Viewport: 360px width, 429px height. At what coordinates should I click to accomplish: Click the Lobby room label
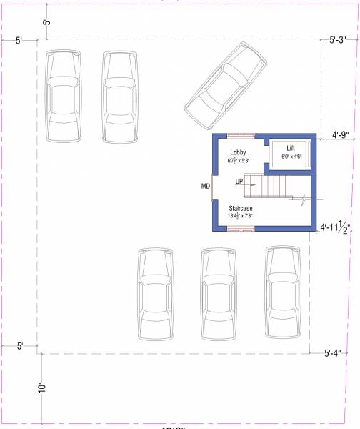[x=238, y=153]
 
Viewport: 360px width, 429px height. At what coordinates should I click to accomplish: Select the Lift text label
[x=291, y=148]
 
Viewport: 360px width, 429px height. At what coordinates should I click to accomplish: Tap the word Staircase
[x=239, y=208]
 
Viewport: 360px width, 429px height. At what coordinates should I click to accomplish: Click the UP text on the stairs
[x=240, y=182]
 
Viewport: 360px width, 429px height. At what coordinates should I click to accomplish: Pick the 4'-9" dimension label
[x=344, y=134]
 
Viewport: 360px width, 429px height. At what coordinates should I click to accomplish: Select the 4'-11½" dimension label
[x=339, y=228]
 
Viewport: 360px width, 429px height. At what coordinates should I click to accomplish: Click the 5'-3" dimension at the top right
[x=342, y=41]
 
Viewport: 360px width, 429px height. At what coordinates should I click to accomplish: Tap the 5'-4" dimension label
[x=336, y=352]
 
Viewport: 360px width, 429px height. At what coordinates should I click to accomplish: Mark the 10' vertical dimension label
[x=43, y=388]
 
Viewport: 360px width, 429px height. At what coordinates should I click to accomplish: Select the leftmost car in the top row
[x=63, y=96]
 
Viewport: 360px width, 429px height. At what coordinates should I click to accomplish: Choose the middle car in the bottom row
[x=219, y=293]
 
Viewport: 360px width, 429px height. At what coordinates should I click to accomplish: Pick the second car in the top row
[x=119, y=96]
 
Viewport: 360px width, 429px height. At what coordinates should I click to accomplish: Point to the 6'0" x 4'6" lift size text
[x=291, y=156]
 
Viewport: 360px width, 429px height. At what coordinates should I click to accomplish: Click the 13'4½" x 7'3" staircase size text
[x=241, y=216]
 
